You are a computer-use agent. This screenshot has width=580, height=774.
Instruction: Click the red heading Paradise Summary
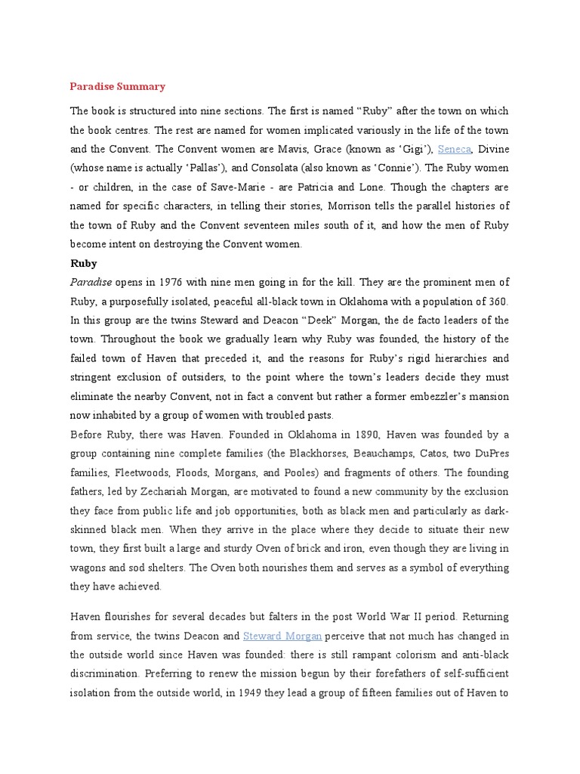(117, 86)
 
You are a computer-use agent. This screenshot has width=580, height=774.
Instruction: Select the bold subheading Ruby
(83, 263)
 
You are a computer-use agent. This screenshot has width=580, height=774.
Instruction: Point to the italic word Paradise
(91, 282)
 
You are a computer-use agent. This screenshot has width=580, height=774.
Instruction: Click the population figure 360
(496, 301)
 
